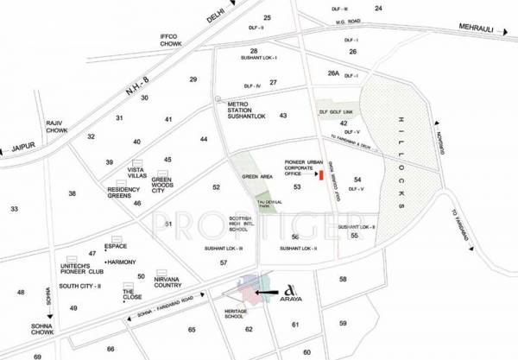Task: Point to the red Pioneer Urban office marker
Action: click(x=321, y=176)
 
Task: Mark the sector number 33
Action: click(x=14, y=210)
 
